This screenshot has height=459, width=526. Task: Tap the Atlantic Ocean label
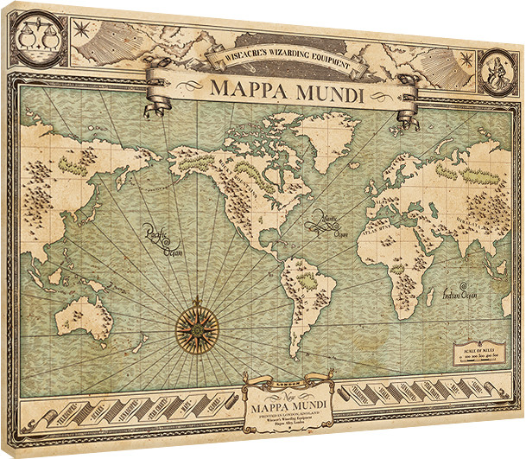click(x=332, y=223)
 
